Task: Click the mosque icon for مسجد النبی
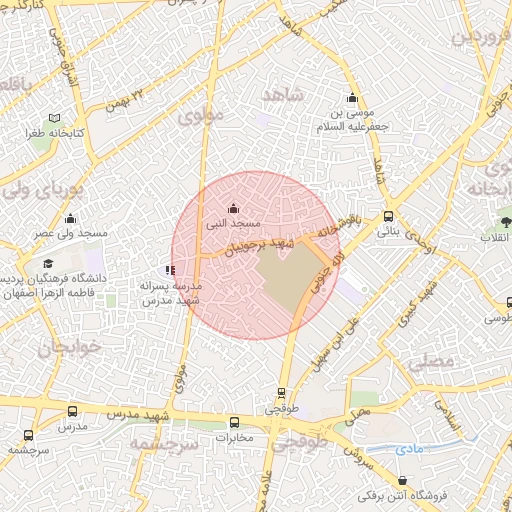(233, 208)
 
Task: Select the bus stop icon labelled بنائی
(388, 215)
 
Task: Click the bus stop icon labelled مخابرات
(235, 422)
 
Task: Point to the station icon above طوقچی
(283, 393)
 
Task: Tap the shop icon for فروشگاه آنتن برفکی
(362, 495)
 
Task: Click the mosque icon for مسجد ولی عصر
(70, 219)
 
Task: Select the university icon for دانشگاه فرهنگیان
(48, 263)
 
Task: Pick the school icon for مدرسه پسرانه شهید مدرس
(170, 269)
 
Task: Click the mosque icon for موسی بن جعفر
(351, 98)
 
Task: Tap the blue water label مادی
(409, 450)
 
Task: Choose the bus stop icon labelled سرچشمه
(27, 436)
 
